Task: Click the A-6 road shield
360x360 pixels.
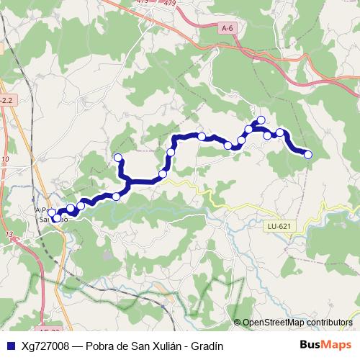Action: click(x=228, y=28)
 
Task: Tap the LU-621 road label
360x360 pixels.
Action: click(x=279, y=226)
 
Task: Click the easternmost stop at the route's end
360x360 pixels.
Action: click(x=308, y=154)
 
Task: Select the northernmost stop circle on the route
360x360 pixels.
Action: click(x=261, y=120)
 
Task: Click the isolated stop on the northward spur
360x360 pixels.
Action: click(x=118, y=158)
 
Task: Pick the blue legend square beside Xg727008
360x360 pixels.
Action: click(x=9, y=346)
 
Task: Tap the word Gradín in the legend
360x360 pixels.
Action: click(x=207, y=346)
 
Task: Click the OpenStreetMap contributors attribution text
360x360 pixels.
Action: click(x=297, y=323)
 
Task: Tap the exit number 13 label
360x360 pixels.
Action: click(x=9, y=235)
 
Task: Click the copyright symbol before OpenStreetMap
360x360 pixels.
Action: click(x=238, y=323)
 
